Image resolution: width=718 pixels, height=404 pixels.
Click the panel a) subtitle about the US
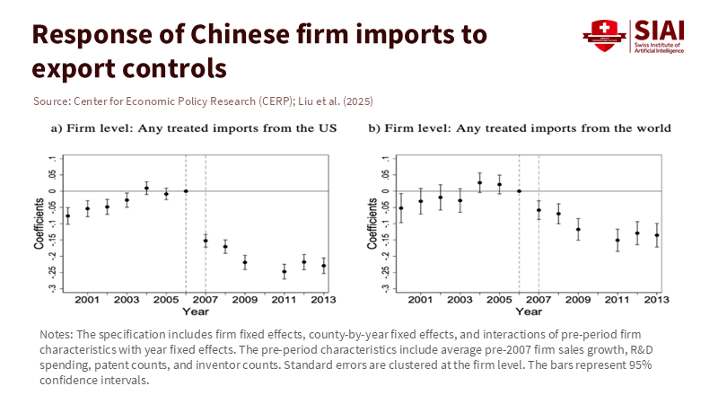coord(193,127)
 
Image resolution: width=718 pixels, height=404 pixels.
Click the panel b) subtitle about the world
coord(520,127)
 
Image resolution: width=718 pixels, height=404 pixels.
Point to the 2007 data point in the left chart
coord(206,241)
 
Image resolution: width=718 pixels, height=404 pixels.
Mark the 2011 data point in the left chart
coord(285,271)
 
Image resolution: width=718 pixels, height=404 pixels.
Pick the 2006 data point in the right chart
coord(519,191)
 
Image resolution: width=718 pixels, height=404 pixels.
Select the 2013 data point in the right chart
coord(657,235)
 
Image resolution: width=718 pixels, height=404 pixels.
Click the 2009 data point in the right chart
coord(578,229)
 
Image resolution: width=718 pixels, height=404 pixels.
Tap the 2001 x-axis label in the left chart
coord(87,299)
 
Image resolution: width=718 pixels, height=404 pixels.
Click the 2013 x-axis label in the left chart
coord(323,299)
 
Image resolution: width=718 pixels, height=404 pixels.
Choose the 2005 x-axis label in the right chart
coord(499,299)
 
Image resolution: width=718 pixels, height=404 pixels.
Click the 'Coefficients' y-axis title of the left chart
coord(39,225)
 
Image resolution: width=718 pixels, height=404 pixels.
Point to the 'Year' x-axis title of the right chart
coord(529,311)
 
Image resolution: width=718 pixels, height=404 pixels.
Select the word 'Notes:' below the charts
coord(57,334)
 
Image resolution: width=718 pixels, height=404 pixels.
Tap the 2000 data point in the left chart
coord(67,215)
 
